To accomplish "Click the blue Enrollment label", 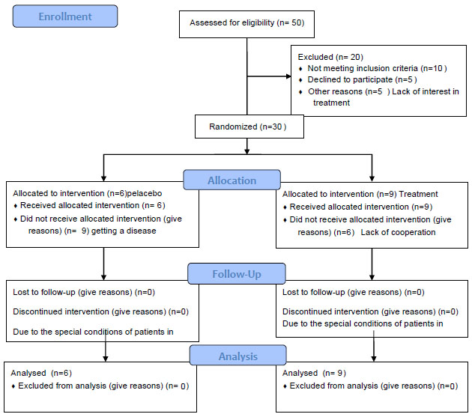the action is coord(65,16).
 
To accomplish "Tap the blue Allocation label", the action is coord(232,180).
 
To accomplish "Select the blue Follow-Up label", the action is coord(237,274).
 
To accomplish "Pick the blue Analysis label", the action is coord(237,356).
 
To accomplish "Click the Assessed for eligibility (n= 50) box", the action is coord(246,25).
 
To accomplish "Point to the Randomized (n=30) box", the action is coord(249,127).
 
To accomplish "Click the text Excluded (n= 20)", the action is coord(330,57).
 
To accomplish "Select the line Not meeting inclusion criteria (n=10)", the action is coord(377,68).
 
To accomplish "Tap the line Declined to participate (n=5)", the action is coord(362,79).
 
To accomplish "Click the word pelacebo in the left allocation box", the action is coord(145,193).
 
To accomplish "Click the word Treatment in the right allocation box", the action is coord(418,194).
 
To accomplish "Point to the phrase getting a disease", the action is coord(124,231).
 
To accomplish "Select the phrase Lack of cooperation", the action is coord(398,232).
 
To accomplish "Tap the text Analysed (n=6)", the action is coord(41,373).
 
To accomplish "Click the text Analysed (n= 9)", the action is coord(314,373).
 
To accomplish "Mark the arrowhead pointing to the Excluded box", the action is coord(288,76).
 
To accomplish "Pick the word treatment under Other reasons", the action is coord(331,103).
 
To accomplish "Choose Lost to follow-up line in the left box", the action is coord(84,292).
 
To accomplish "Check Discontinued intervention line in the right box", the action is coord(370,311).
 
